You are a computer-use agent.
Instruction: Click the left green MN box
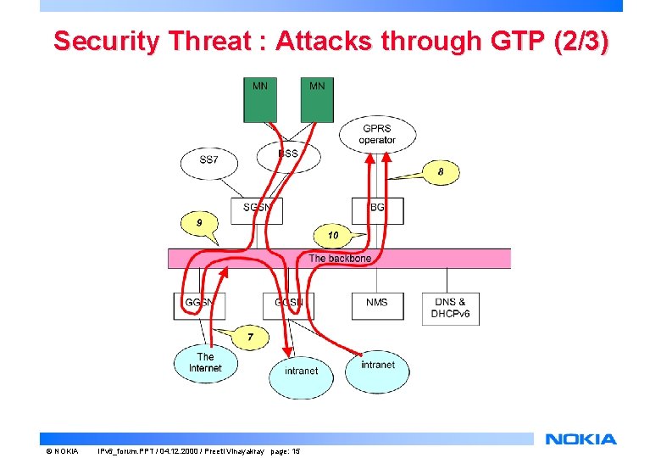point(261,100)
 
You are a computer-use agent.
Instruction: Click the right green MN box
point(317,100)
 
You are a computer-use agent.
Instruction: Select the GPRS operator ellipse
point(377,134)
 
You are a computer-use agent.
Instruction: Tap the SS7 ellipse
point(208,161)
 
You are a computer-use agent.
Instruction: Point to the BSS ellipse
point(289,155)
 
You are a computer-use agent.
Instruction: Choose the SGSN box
point(257,209)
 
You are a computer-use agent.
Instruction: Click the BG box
point(377,209)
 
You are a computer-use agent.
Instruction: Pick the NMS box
point(377,306)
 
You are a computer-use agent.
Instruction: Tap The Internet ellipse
point(205,363)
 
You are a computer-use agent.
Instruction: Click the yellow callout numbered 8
point(441,172)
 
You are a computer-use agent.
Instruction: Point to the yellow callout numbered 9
point(199,222)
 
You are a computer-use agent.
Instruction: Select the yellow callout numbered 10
point(333,234)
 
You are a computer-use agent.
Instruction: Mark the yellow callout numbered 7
point(250,338)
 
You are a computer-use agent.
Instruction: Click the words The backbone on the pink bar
point(340,258)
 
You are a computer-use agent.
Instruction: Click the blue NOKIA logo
point(581,439)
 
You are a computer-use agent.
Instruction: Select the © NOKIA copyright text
point(62,450)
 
